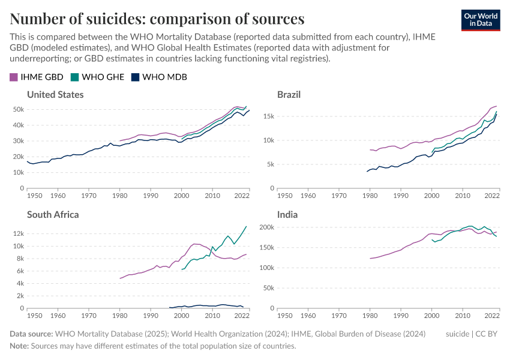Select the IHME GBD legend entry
click(x=37, y=77)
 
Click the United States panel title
click(x=55, y=95)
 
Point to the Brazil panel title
click(x=289, y=95)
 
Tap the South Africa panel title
click(x=53, y=214)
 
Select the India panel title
click(x=287, y=214)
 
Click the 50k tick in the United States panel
click(x=17, y=110)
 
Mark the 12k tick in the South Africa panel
click(x=17, y=233)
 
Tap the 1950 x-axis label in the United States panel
click(x=35, y=196)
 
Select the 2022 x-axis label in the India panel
click(x=492, y=316)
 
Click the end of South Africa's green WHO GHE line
click(x=246, y=226)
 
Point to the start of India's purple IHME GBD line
click(x=370, y=259)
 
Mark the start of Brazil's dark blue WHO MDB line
click(x=367, y=172)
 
